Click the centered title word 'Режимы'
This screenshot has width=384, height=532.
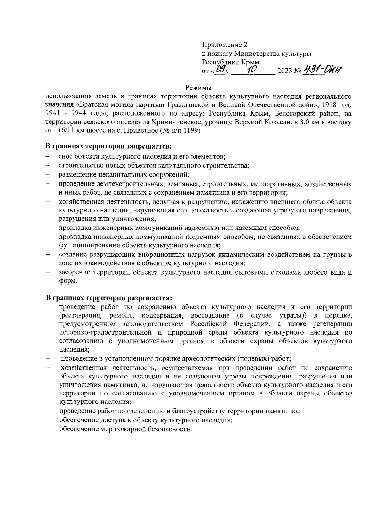(x=199, y=87)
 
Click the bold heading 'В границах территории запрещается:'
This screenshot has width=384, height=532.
(x=109, y=146)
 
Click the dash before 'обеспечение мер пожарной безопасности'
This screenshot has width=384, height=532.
(x=48, y=429)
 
